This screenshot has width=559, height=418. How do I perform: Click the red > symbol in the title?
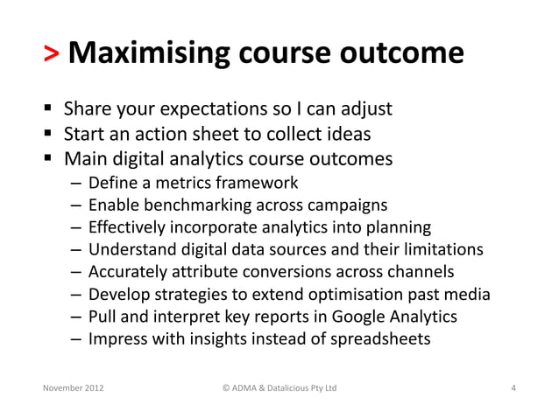(x=52, y=54)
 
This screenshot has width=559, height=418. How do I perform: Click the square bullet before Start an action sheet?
(x=49, y=136)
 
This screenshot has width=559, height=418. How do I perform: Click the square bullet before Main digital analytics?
(x=49, y=160)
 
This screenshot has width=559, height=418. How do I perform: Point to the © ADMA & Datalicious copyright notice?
(x=277, y=387)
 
